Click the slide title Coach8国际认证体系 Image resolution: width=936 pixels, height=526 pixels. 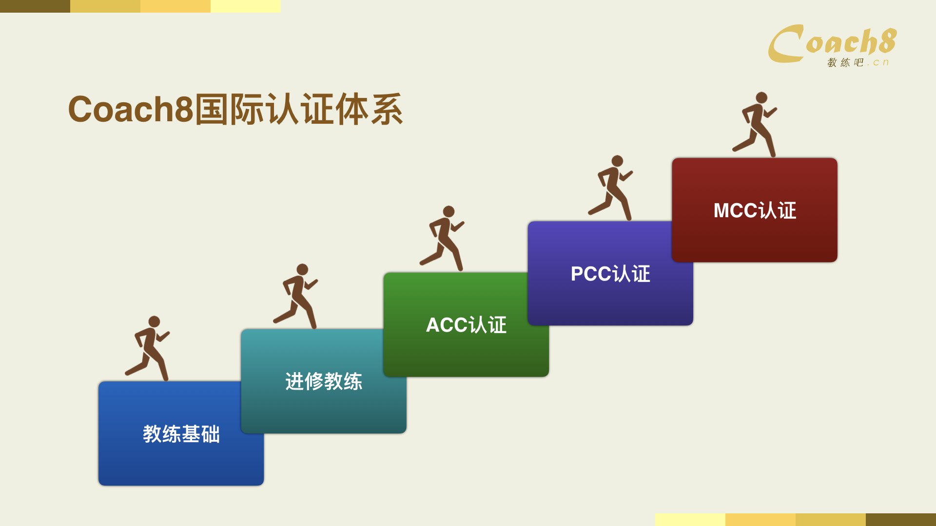235,109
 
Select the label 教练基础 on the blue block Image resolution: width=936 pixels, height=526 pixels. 181,434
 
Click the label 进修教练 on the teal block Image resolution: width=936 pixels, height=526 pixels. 324,381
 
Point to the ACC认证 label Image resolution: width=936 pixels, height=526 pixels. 467,325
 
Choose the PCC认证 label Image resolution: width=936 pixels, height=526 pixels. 610,274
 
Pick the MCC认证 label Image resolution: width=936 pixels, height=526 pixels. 755,210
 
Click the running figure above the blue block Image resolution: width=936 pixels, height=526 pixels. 147,348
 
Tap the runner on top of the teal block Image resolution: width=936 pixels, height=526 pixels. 295,296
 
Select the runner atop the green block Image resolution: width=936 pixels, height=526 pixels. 442,238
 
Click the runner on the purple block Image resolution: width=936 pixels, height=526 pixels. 610,188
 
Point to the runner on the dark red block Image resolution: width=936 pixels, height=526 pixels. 755,124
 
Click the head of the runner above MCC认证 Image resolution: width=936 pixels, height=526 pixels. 761,98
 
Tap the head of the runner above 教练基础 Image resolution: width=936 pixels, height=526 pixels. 154,321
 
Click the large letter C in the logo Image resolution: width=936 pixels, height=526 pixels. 786,44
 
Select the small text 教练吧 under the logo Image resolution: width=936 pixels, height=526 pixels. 845,62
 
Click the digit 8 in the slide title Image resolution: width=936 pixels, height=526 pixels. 184,109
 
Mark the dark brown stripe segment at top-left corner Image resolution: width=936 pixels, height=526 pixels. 35,6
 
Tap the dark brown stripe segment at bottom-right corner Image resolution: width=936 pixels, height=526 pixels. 901,520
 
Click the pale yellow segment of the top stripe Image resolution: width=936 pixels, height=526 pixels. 246,6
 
